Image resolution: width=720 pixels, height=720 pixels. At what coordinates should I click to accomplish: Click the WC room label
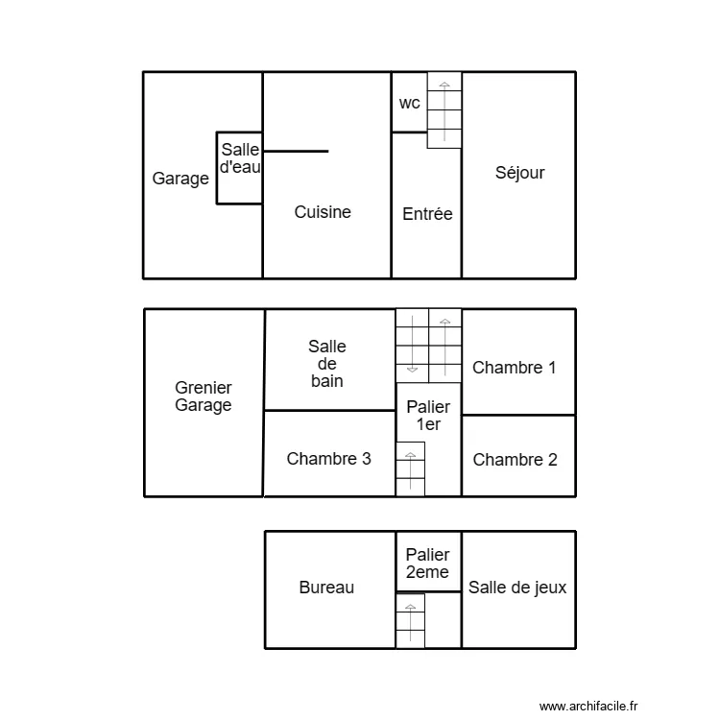[410, 104]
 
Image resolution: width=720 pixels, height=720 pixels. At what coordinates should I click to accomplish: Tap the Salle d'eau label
[240, 157]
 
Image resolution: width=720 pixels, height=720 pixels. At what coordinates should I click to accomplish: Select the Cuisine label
[323, 212]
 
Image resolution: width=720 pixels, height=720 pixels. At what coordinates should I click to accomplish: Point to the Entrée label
[427, 214]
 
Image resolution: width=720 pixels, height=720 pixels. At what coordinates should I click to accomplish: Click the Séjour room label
[519, 173]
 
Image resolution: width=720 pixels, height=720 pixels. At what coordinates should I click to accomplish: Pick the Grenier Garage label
[204, 396]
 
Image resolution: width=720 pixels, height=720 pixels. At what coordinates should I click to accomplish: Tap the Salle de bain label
[327, 364]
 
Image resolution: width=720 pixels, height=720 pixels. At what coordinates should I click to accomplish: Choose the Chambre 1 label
[514, 367]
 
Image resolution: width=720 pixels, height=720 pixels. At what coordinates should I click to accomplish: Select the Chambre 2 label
[515, 460]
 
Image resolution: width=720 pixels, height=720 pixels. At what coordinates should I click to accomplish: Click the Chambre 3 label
[328, 459]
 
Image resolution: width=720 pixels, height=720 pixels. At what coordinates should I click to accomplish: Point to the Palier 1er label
[428, 416]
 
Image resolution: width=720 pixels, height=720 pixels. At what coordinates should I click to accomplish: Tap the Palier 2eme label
[427, 564]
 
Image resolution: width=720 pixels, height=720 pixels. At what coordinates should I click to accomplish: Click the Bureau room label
[326, 588]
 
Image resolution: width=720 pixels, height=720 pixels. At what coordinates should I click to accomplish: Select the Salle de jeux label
[517, 588]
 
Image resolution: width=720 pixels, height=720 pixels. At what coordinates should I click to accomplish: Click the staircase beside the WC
[444, 109]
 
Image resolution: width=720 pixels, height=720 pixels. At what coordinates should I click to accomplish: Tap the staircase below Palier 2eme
[410, 620]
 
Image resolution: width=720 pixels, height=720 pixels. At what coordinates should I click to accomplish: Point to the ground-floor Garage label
[180, 179]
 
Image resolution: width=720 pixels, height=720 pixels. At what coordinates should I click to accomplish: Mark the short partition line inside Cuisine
[296, 151]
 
